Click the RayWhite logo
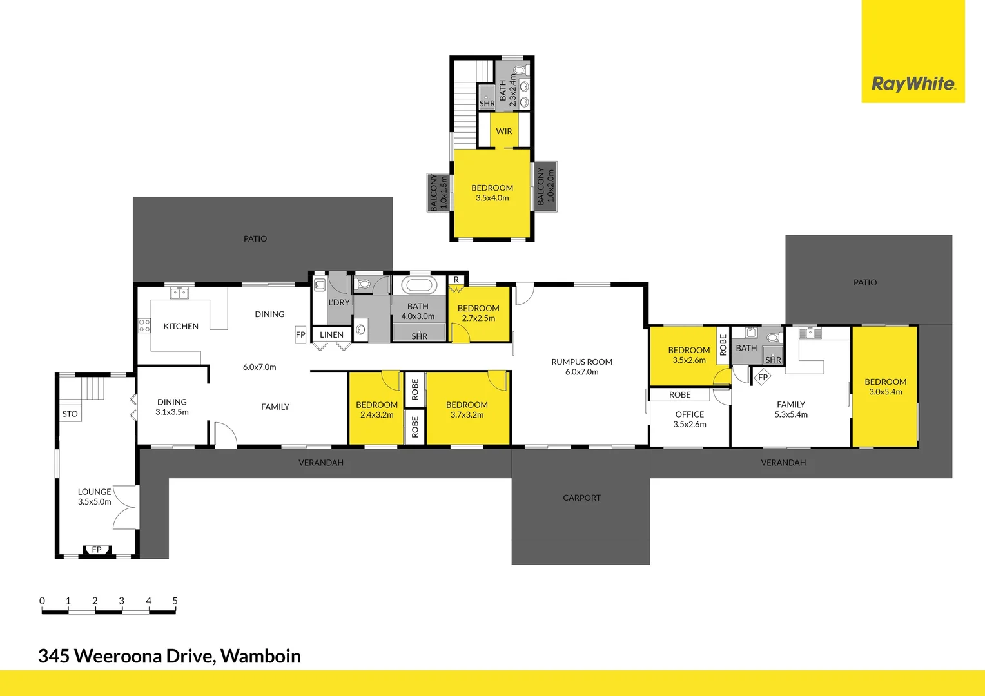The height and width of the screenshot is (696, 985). pos(913,84)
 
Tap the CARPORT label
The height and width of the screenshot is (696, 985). pos(581,498)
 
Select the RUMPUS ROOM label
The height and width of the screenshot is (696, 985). pos(581,367)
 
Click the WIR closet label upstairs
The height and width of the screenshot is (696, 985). pos(504,131)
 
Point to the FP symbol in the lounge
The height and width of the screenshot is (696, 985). pos(97,550)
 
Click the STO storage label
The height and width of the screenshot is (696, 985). pos(70,414)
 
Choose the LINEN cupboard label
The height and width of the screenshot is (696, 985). pos(331,334)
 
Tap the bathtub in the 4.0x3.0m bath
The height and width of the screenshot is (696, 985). pos(419,285)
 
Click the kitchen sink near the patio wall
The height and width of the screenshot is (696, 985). pos(179,293)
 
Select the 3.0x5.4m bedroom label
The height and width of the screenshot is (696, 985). pos(885,387)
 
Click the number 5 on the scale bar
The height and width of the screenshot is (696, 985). pos(175,601)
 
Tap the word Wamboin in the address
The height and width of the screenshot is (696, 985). pos(260,656)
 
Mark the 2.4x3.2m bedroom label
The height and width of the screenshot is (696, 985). pos(376,410)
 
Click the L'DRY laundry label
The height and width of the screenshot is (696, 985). pos(339,302)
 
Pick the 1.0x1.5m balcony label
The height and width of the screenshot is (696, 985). pos(438,192)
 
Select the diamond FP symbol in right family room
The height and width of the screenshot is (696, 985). pos(763,377)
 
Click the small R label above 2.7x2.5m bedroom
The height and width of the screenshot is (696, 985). pos(456,280)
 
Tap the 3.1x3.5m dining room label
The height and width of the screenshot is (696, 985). pos(172,407)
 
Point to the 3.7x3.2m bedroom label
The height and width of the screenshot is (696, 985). pos(467,410)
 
